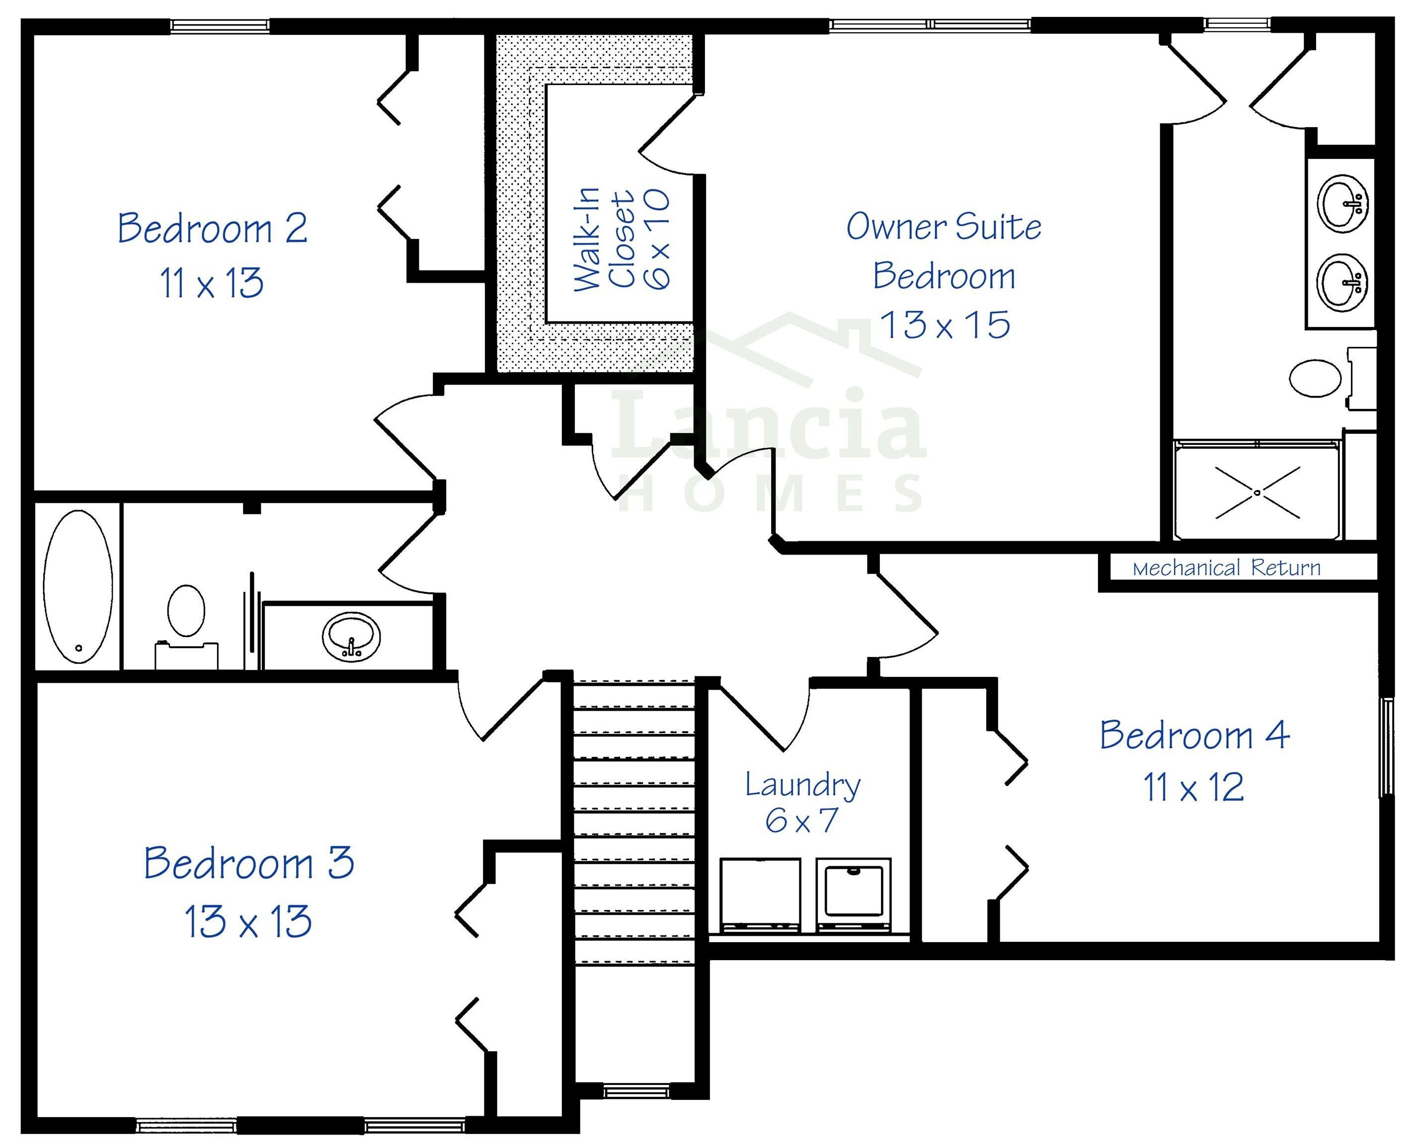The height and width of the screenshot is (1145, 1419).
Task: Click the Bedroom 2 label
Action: [x=212, y=228]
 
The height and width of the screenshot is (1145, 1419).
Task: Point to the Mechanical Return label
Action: [x=1226, y=568]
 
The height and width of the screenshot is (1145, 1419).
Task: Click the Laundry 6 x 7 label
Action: [x=802, y=802]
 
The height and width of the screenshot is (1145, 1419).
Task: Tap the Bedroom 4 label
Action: [x=1194, y=736]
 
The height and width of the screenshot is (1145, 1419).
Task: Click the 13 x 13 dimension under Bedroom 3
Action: [x=248, y=922]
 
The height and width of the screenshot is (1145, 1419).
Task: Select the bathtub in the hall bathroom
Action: [x=78, y=586]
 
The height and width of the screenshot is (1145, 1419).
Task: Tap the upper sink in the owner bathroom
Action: [x=1342, y=203]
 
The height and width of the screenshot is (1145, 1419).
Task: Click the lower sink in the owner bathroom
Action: [x=1342, y=282]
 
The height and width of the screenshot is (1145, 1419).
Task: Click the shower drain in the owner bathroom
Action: [x=1257, y=492]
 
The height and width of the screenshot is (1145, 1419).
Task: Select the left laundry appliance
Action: [x=760, y=895]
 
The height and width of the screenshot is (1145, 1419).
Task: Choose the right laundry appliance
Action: [x=853, y=895]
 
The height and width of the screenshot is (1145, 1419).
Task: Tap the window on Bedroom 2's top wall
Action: [x=220, y=26]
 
